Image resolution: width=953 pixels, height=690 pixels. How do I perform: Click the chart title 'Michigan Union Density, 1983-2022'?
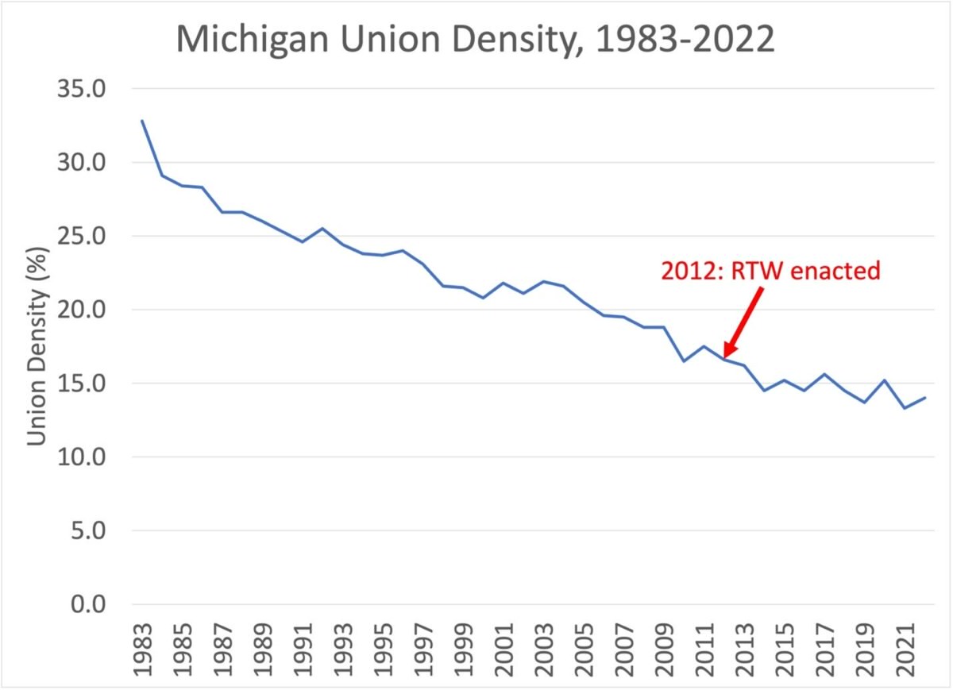point(475,40)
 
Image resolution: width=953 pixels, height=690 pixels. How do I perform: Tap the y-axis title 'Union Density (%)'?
point(37,346)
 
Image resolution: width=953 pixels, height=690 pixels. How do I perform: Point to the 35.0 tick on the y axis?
point(81,89)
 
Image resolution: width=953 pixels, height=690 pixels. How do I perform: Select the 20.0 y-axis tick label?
point(81,310)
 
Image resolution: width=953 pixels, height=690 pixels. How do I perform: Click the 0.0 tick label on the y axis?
point(88,604)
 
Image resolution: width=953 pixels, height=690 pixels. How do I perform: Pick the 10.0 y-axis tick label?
point(81,457)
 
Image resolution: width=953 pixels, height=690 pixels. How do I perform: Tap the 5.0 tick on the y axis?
point(88,530)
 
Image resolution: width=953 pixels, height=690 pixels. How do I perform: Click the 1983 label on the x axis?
point(142,650)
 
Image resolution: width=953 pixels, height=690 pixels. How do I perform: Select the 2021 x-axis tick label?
point(905,650)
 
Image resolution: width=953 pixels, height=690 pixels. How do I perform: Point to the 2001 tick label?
point(504,650)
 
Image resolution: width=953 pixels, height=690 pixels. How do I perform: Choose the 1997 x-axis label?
point(424,650)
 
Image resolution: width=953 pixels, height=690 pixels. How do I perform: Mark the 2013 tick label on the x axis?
point(745,650)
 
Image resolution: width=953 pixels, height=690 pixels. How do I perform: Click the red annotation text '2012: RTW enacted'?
point(770,271)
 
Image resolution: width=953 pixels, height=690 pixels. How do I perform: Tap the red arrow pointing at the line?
point(743,322)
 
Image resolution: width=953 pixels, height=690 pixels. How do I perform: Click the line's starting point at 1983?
point(142,121)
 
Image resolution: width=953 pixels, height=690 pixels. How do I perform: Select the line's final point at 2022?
point(925,397)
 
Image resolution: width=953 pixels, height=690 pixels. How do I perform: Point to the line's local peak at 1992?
point(322,229)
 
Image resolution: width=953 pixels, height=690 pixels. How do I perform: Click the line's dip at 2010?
point(684,361)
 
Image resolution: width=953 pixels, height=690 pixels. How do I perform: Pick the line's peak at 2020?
point(885,380)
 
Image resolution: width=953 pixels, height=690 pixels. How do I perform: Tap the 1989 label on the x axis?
point(263,650)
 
